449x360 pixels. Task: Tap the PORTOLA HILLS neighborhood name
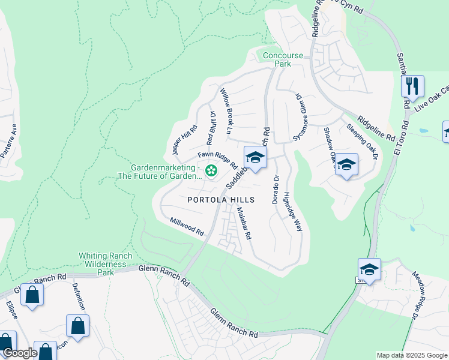221,200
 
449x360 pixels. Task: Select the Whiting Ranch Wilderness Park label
106,264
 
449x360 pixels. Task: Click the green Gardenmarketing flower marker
211,171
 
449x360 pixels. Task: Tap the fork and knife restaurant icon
412,86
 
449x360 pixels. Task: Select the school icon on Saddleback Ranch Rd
255,159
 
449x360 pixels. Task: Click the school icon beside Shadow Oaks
346,165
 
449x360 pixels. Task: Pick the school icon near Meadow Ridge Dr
369,270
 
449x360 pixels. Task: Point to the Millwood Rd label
187,227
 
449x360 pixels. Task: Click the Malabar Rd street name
244,223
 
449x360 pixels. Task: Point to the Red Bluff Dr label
211,128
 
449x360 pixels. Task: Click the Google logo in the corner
19,353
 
